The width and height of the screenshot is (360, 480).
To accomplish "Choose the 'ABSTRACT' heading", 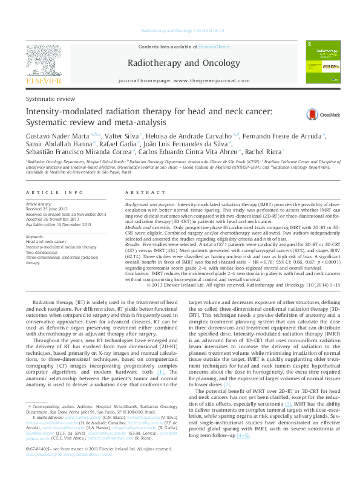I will (x=140, y=192).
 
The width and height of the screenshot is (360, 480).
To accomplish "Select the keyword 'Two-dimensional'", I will (x=45, y=252).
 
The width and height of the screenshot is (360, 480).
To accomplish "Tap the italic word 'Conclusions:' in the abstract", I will (x=139, y=273).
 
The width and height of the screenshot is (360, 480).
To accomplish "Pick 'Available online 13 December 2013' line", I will (x=59, y=224).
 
